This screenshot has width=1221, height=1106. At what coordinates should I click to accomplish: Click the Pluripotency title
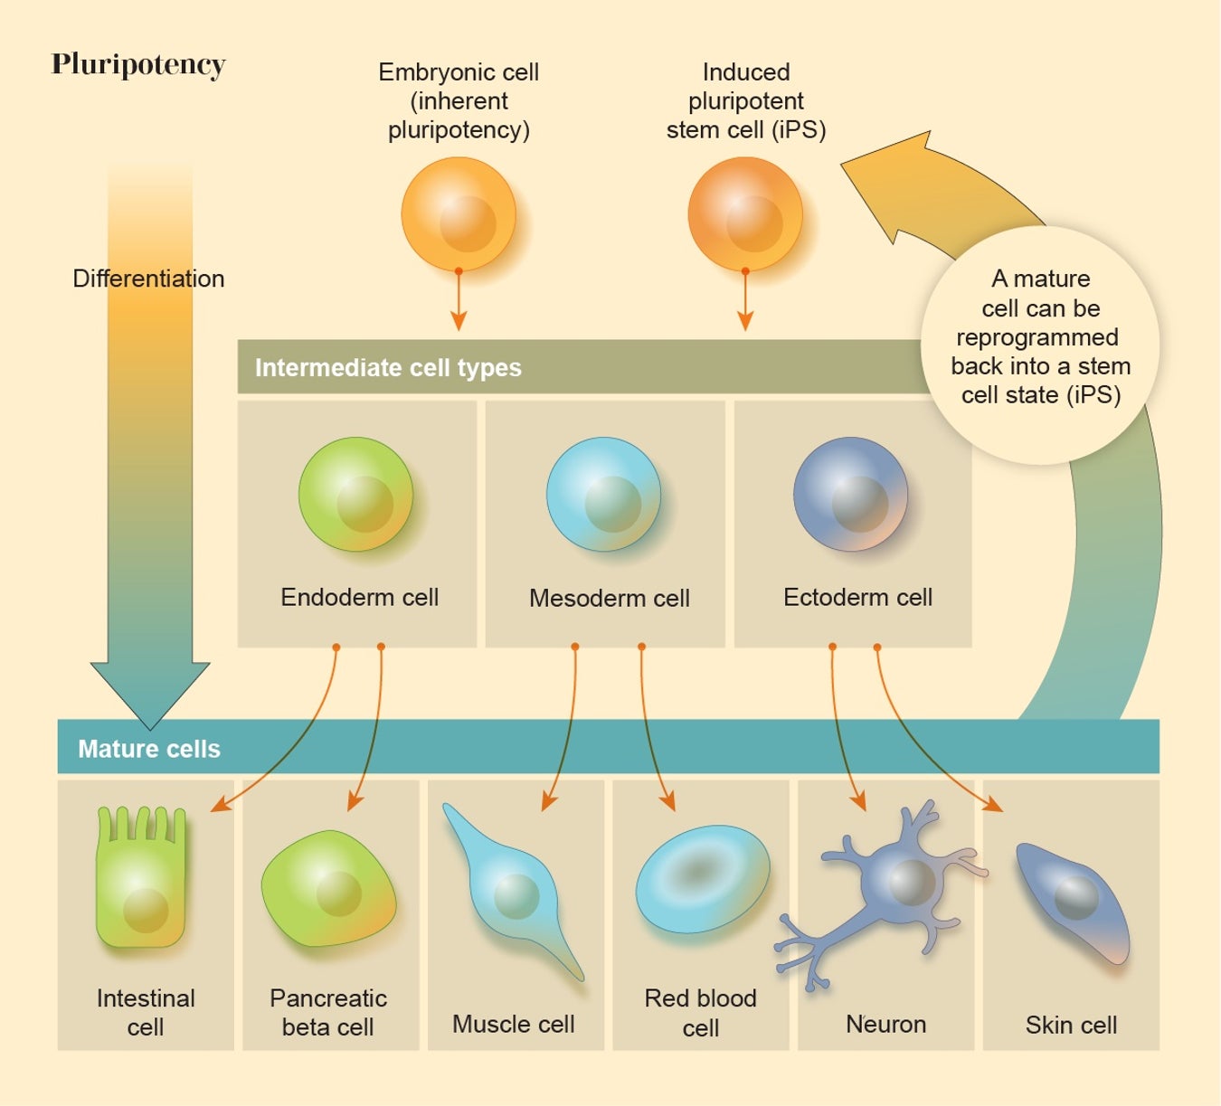(x=138, y=64)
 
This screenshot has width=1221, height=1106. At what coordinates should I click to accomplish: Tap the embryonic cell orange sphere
(x=459, y=214)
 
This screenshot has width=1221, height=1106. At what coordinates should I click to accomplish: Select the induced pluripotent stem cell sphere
(x=745, y=214)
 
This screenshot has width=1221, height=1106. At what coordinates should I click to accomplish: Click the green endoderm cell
(x=355, y=494)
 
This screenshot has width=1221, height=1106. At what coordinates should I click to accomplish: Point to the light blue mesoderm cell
(x=603, y=494)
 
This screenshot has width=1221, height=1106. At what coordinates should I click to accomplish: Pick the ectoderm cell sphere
(x=850, y=494)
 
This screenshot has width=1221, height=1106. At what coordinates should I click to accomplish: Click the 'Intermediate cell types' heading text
(x=388, y=367)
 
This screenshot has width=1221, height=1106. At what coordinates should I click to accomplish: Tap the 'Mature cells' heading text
(x=149, y=749)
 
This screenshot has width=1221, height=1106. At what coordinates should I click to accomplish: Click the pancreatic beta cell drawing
(x=328, y=889)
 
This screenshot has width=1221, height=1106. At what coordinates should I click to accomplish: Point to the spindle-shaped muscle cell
(x=514, y=891)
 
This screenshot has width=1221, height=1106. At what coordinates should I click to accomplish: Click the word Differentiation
(x=148, y=279)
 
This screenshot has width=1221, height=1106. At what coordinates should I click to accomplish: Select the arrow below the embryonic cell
(x=459, y=303)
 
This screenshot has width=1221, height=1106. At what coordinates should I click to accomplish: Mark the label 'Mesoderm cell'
(x=609, y=598)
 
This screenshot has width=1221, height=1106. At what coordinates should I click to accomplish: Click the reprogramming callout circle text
(x=1040, y=336)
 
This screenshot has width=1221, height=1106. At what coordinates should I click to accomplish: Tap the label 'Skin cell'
(x=1071, y=1025)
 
